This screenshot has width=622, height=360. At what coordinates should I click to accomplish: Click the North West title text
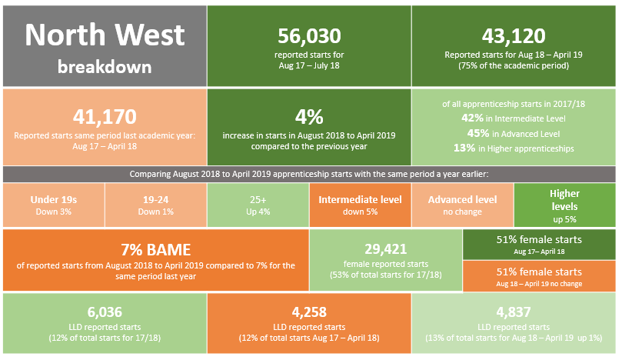105,35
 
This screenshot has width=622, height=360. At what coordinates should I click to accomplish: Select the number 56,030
309,35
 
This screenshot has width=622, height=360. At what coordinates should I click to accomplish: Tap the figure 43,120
514,35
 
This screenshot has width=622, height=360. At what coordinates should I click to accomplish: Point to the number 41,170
105,116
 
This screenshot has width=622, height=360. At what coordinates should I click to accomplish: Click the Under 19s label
54,200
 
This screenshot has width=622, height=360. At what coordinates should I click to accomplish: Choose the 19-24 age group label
156,200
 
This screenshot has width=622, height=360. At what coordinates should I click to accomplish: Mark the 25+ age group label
258,200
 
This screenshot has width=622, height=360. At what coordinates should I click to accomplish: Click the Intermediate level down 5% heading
360,200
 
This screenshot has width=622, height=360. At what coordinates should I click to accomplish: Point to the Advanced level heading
462,200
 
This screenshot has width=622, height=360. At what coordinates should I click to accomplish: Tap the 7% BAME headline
156,249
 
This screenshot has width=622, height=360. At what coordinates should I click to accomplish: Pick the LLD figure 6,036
105,312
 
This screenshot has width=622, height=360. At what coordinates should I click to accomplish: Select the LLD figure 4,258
309,312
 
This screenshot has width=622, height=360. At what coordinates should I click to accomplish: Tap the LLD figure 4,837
514,312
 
